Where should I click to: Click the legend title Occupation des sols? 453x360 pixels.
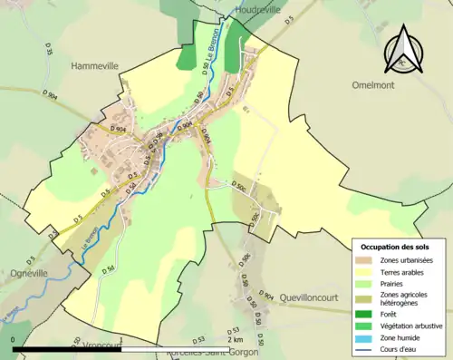pos(396,247)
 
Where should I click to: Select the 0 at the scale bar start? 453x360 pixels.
pos(14,340)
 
